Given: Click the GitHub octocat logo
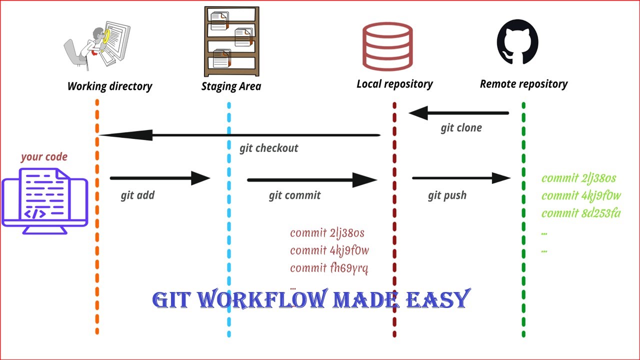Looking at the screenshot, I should pos(517,42).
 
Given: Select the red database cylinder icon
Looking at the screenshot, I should pos(387,46).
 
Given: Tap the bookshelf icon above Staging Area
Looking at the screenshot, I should pos(231,41).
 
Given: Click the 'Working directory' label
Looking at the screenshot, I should pos(109,86).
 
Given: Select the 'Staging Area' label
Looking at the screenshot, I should pos(231,86).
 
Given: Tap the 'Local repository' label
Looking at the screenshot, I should pos(394,84).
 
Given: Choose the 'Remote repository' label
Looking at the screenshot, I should pos(523,84).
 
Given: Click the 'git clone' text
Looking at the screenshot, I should pos(461,128).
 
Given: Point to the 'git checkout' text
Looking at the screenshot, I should pos(268,148).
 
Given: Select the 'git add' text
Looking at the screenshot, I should pos(137,195).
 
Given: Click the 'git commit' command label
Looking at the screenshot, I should pos(294,195).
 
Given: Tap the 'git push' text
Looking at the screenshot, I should pos(447,195).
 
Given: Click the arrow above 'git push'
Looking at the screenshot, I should pos(460,177).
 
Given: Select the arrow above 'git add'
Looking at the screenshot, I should pos(159,177).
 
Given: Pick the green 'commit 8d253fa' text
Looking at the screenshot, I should pos(581,213).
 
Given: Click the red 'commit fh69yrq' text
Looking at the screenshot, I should pos(329,268).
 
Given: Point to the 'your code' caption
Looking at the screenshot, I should pos(44,157).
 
